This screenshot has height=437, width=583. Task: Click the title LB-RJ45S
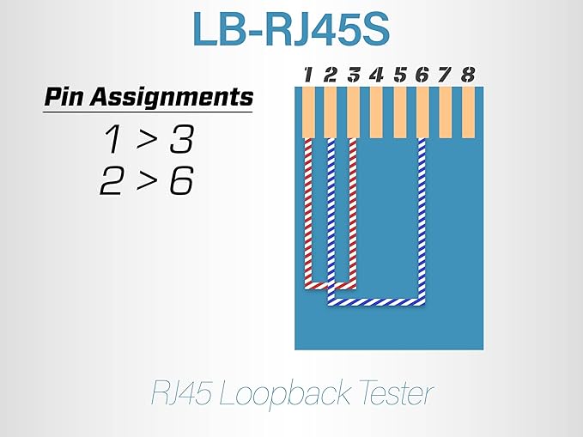291,30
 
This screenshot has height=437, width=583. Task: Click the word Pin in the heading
64,96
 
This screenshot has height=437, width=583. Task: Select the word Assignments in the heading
172,97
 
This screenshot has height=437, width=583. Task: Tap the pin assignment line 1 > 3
148,139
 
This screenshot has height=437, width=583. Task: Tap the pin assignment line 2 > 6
147,181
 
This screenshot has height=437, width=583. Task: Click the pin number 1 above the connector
308,75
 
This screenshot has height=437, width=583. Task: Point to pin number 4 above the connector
376,75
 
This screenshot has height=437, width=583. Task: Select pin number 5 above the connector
400,75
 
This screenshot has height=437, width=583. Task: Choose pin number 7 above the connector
446,75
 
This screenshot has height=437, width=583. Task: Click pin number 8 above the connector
468,75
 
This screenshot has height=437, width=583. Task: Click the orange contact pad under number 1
308,112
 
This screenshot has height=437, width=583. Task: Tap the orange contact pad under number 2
331,112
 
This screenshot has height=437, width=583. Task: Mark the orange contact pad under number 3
353,112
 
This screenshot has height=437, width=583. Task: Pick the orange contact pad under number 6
422,112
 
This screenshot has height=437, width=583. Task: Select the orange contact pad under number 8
469,112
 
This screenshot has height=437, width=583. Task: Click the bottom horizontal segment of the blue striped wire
376,302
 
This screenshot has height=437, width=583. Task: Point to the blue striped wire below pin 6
422,220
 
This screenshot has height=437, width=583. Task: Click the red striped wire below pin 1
308,212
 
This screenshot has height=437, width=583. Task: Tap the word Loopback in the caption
284,394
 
